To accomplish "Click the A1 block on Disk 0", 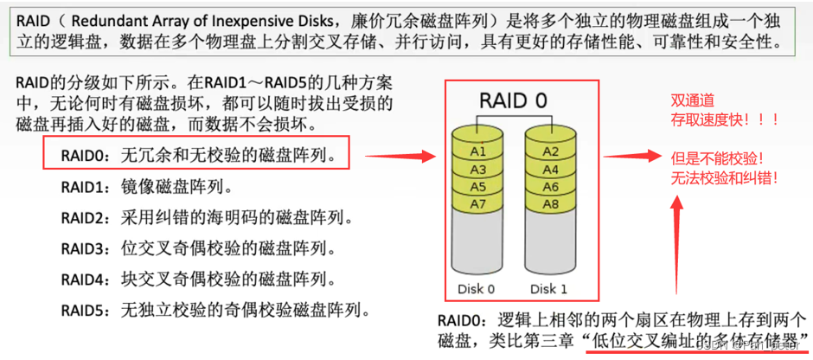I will (477, 151).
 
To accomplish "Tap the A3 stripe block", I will (477, 169).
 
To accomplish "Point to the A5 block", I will (477, 186).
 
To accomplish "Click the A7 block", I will (477, 203).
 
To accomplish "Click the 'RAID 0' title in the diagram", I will (514, 100).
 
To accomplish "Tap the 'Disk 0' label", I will (477, 288).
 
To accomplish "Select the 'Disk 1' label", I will (550, 288).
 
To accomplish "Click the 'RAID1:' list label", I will (84, 186).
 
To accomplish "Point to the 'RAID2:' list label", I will (84, 217).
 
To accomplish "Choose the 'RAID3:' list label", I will (84, 248).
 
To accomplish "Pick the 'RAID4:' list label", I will (84, 279).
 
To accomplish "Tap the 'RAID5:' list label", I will (84, 310).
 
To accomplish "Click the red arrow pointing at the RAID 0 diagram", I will (398, 157).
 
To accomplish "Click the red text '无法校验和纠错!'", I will (724, 178).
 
